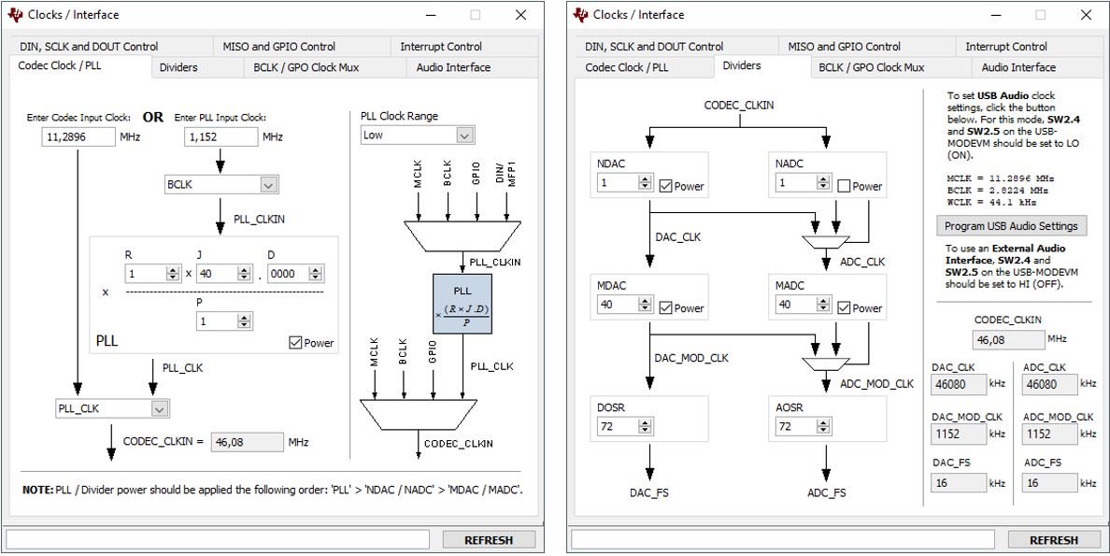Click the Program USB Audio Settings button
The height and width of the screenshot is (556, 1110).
point(1012,226)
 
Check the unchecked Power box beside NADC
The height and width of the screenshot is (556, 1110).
point(845,187)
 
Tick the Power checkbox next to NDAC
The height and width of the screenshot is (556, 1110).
point(667,187)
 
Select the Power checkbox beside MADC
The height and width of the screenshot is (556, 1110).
point(845,308)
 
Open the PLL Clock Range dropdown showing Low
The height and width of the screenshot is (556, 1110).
point(418,135)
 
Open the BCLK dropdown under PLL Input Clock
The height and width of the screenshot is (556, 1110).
point(221,185)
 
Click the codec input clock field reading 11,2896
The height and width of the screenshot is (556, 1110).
point(78,137)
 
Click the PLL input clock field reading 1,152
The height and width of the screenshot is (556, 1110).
point(221,137)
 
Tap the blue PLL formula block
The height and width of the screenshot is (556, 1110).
point(462,304)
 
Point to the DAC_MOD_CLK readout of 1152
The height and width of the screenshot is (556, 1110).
point(958,434)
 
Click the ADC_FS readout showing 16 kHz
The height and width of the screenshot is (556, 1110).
point(1049,483)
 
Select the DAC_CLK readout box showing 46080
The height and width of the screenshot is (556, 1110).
point(958,384)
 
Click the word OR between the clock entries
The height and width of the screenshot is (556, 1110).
point(153,118)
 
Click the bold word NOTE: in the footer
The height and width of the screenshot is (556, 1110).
point(38,491)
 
